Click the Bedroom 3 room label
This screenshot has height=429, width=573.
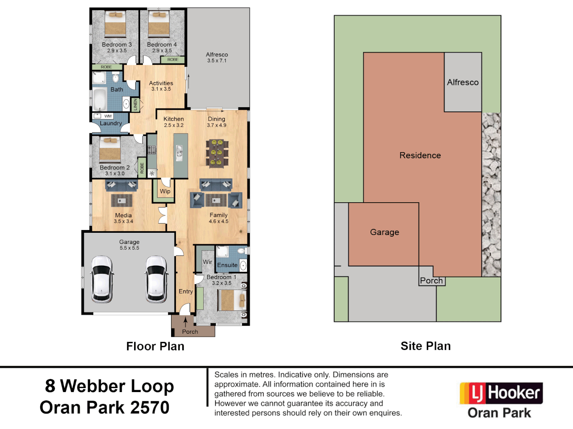[x=117, y=44]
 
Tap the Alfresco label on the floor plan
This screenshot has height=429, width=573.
[x=217, y=54]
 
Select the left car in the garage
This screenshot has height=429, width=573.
[x=102, y=279]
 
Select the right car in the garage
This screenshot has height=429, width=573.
[x=156, y=279]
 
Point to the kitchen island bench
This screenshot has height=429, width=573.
[x=181, y=155]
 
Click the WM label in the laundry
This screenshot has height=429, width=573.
[x=108, y=116]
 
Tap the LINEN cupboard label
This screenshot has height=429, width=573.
[x=135, y=105]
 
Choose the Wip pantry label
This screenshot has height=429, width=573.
[x=165, y=191]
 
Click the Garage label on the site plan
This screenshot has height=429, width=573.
[x=384, y=232]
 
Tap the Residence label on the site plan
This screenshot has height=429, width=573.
[x=420, y=155]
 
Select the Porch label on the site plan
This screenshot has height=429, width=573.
[x=431, y=280]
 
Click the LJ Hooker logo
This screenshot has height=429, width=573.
[x=501, y=393]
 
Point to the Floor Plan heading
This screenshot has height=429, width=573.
[x=155, y=346]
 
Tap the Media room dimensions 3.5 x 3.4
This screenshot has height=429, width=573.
[x=123, y=221]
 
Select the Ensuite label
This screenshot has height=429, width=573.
[x=227, y=265]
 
